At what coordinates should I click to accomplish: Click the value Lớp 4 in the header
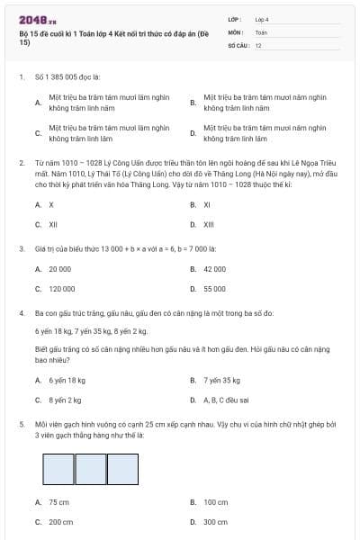[262, 19]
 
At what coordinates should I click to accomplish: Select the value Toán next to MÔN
[262, 31]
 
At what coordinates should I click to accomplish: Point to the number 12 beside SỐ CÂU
[258, 44]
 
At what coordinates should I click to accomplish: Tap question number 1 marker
[21, 77]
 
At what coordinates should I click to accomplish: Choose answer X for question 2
[51, 204]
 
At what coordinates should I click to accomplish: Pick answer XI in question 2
[207, 204]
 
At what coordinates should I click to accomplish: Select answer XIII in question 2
[208, 224]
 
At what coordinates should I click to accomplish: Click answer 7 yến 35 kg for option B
[221, 380]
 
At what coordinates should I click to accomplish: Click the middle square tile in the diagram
[91, 468]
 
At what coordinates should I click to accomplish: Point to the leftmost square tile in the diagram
[58, 468]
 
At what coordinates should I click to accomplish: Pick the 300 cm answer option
[215, 522]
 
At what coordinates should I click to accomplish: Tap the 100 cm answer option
[215, 502]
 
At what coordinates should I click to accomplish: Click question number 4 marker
[21, 313]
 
